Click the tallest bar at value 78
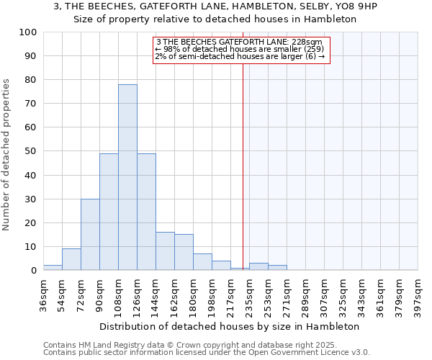(x=127, y=177)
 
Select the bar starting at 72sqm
(x=90, y=235)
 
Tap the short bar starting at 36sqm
(x=53, y=268)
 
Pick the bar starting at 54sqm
(x=71, y=259)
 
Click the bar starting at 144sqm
(x=165, y=251)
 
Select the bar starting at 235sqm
(x=258, y=266)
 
